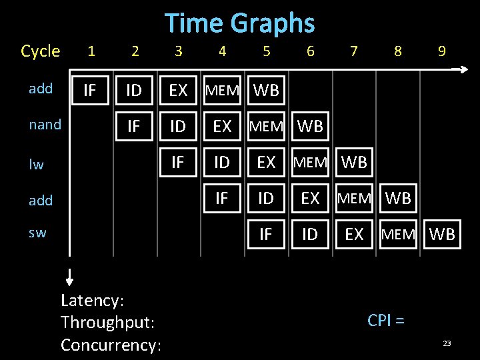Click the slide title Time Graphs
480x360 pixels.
click(x=239, y=23)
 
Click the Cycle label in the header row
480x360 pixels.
click(x=41, y=51)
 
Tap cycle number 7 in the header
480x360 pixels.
click(x=353, y=51)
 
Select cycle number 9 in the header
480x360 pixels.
click(x=441, y=51)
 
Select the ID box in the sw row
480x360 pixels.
click(x=309, y=235)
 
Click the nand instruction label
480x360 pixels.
click(x=45, y=125)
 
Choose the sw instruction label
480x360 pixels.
click(x=37, y=233)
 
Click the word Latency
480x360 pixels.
click(x=92, y=300)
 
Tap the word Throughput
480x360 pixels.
click(x=107, y=323)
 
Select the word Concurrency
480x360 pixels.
click(x=111, y=345)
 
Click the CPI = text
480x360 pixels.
click(x=386, y=320)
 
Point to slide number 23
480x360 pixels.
click(x=447, y=343)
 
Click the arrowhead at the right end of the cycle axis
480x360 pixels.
click(x=463, y=69)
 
